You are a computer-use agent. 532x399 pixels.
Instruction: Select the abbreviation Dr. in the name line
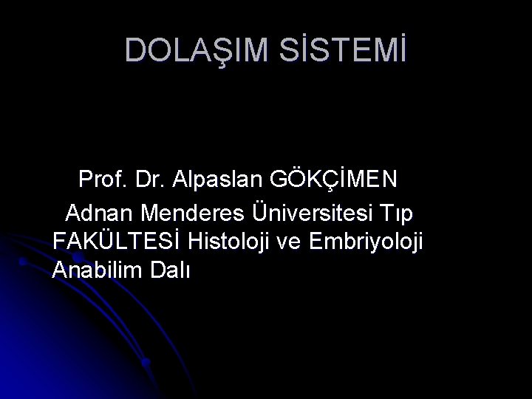pos(154,180)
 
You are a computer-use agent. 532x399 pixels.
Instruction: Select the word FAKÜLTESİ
pos(118,241)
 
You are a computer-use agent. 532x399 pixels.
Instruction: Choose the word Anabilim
pos(95,270)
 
